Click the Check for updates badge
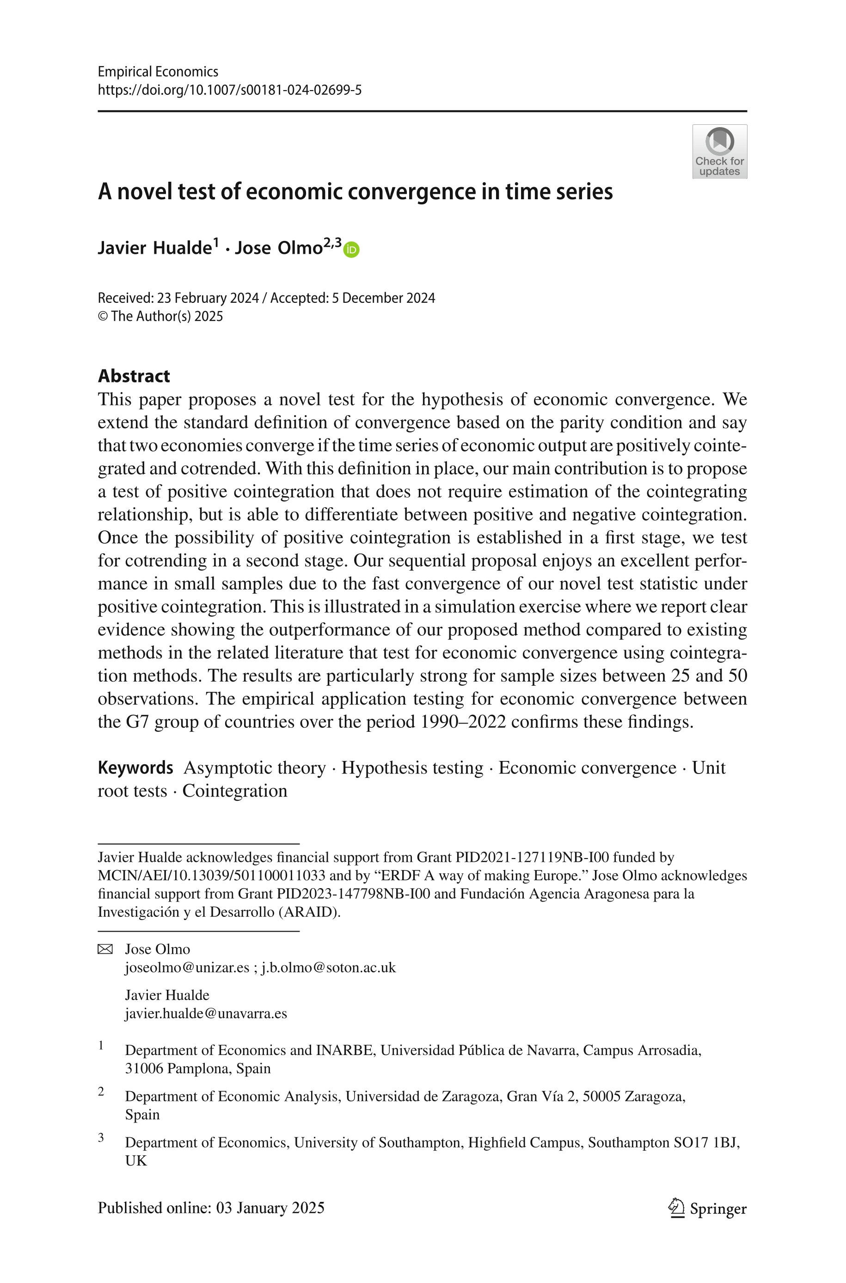coord(719,152)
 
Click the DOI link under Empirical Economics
coord(229,90)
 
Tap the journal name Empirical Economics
coord(158,72)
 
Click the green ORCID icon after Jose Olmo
coord(351,249)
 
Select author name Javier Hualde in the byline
coord(154,248)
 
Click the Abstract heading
coord(133,375)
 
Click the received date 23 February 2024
coord(208,298)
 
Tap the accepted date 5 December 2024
coord(383,298)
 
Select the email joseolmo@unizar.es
coord(187,967)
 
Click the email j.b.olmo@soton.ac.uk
coord(328,967)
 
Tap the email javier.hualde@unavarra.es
coord(206,1013)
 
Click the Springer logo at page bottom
coord(707,1208)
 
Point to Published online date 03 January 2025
coord(270,1208)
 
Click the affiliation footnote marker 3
coord(101,1137)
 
